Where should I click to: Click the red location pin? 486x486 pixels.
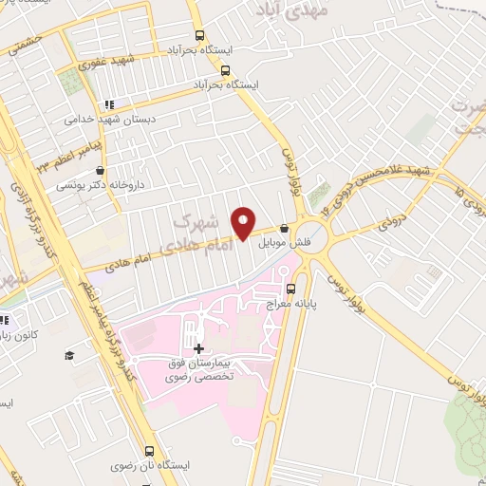[x=245, y=222]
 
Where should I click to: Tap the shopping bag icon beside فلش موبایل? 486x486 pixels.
[x=285, y=228]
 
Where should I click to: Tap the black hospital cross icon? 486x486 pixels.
[x=198, y=348]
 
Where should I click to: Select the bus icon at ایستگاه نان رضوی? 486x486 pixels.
[x=149, y=452]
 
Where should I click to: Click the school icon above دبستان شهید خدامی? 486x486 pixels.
[x=109, y=104]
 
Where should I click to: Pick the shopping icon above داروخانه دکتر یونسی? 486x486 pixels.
[x=62, y=170]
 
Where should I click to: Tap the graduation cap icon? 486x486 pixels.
[x=68, y=356]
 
